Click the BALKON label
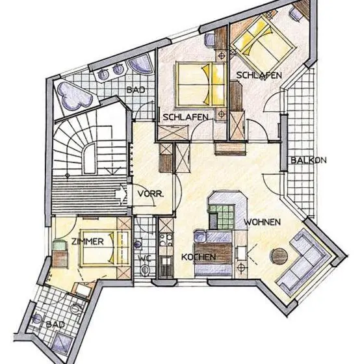tap(309, 160)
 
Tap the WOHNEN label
tap(262, 222)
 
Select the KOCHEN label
tap(198, 257)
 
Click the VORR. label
tap(151, 194)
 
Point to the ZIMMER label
tap(88, 241)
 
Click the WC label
tap(144, 258)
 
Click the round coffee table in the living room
tap(279, 256)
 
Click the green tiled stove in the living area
tap(221, 217)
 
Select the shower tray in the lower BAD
tap(62, 344)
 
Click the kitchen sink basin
tap(199, 237)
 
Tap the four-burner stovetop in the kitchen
tap(166, 240)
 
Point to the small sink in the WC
tap(138, 244)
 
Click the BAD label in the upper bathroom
tap(136, 90)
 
